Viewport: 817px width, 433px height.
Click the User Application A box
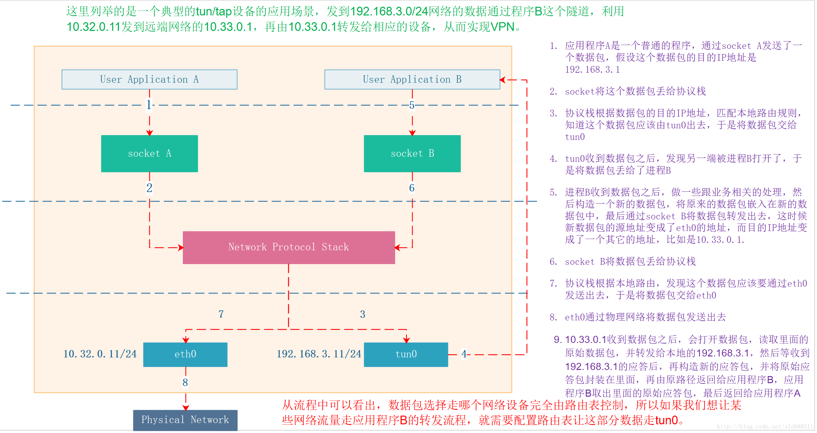pyautogui.click(x=149, y=79)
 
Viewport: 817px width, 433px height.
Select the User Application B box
pyautogui.click(x=412, y=79)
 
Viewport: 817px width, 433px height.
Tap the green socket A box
pyautogui.click(x=149, y=153)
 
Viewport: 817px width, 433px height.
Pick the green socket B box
pyautogui.click(x=412, y=153)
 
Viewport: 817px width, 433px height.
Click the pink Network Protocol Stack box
pyautogui.click(x=289, y=247)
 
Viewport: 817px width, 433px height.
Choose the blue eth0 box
pyautogui.click(x=185, y=354)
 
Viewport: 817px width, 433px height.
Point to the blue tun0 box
pyautogui.click(x=406, y=354)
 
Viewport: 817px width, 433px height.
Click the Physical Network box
pyautogui.click(x=185, y=420)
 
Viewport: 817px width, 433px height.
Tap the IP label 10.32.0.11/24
pyautogui.click(x=100, y=354)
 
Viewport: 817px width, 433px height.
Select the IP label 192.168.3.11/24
pyautogui.click(x=319, y=354)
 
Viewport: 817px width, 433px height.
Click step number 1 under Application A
pyautogui.click(x=148, y=105)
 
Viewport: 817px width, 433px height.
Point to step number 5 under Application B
pyautogui.click(x=412, y=105)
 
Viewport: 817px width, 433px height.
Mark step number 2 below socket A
pyautogui.click(x=149, y=188)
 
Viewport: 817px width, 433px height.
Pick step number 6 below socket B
pyautogui.click(x=412, y=188)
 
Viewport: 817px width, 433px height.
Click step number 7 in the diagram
pyautogui.click(x=221, y=314)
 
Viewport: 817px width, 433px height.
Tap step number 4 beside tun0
pyautogui.click(x=464, y=354)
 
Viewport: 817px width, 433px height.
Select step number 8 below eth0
pyautogui.click(x=185, y=382)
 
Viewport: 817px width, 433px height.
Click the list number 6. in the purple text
pyautogui.click(x=553, y=262)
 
